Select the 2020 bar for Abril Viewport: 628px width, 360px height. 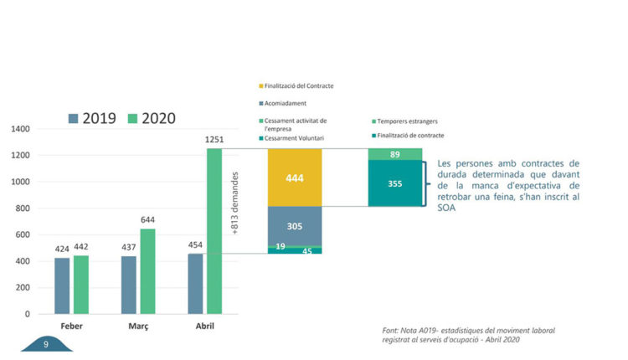(x=214, y=231)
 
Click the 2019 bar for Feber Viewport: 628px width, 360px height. (x=63, y=285)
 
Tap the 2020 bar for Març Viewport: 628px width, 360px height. (x=147, y=271)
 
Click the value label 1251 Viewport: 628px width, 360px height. (x=214, y=140)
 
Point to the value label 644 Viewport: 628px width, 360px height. (x=147, y=219)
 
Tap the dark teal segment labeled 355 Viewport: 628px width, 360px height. (x=395, y=183)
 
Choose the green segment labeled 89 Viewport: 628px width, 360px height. (x=395, y=154)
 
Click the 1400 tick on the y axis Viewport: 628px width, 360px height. (x=20, y=129)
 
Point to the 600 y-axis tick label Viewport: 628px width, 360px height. (x=23, y=234)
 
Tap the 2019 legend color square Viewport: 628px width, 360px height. (x=74, y=118)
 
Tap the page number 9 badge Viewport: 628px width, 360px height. (x=45, y=343)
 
